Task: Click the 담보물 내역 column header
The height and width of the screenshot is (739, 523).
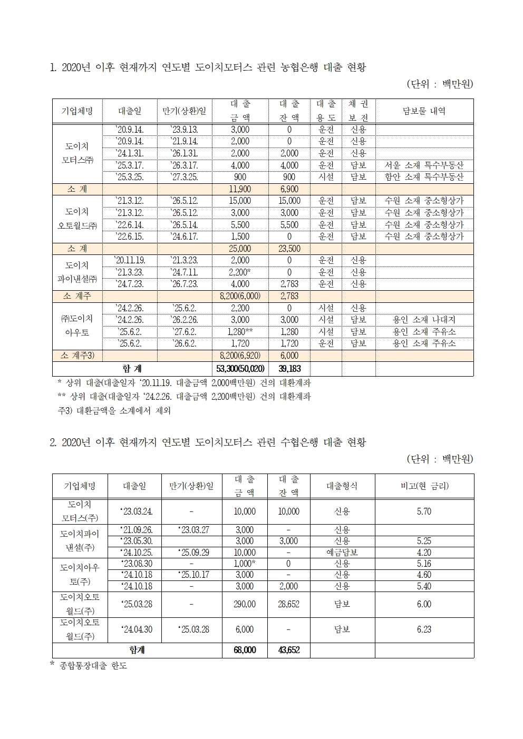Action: click(424, 111)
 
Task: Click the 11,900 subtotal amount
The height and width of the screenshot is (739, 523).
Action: click(240, 189)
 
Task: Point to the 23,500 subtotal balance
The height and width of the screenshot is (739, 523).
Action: click(289, 249)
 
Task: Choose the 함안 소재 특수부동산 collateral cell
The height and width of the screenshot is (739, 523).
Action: click(424, 177)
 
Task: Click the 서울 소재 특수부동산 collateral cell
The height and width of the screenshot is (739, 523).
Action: click(424, 165)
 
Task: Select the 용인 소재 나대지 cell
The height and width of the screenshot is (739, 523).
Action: click(424, 320)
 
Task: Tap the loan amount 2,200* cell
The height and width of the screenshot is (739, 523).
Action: click(240, 272)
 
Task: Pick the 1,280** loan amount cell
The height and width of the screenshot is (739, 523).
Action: click(240, 332)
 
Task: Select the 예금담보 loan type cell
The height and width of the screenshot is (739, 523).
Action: click(342, 553)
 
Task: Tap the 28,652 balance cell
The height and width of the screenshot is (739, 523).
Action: click(289, 604)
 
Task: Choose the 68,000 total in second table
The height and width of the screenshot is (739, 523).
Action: click(245, 651)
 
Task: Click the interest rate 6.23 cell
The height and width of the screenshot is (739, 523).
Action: click(424, 629)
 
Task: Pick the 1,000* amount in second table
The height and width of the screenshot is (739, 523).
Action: click(245, 564)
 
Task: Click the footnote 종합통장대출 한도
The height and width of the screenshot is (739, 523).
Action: click(92, 666)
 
